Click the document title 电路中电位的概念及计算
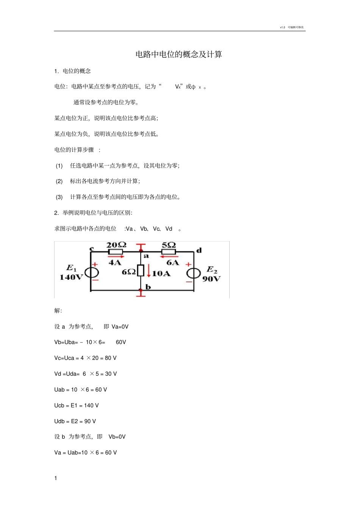[x=178, y=54]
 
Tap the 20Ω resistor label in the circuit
[x=116, y=245]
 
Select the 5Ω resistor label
[x=169, y=245]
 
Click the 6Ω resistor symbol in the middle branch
[x=141, y=270]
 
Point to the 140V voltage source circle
[x=91, y=273]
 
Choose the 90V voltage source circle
[x=193, y=273]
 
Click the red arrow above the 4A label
[x=116, y=257]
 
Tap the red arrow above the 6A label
[x=169, y=257]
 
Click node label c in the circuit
[x=91, y=249]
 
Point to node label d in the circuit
[x=199, y=250]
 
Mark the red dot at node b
[x=141, y=290]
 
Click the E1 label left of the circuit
[x=72, y=268]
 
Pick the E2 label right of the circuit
[x=212, y=270]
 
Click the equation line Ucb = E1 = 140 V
[x=77, y=405]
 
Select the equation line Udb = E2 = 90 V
[x=75, y=421]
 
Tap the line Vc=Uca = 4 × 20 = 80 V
[x=85, y=358]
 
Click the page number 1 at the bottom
[x=56, y=478]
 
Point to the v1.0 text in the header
[x=282, y=27]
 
